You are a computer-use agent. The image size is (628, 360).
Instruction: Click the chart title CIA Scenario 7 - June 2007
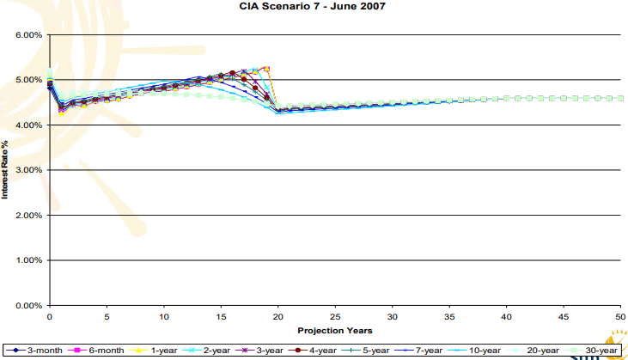pyautogui.click(x=314, y=7)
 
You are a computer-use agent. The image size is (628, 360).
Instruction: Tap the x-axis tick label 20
pyautogui.click(x=277, y=316)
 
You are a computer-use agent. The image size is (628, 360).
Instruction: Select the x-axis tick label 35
pyautogui.click(x=449, y=316)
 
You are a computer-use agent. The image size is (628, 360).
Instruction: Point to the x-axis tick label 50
pyautogui.click(x=620, y=316)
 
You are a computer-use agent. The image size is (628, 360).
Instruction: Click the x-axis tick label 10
pyautogui.click(x=163, y=316)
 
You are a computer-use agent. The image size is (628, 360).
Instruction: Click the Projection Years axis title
pyautogui.click(x=334, y=330)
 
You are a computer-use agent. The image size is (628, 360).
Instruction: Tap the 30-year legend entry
pyautogui.click(x=598, y=350)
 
